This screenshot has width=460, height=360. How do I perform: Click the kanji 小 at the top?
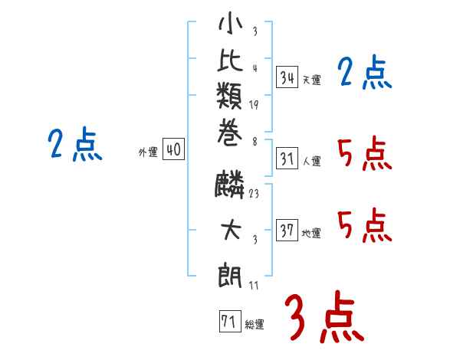231,25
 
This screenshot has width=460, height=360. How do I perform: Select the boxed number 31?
287,159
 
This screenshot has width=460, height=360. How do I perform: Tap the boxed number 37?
287,231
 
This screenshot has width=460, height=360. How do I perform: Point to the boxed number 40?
173,150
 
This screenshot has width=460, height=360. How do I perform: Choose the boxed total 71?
228,322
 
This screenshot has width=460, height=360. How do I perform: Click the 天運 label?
311,80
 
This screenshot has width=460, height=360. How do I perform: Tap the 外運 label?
148,152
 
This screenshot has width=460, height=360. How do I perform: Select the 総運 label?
255,325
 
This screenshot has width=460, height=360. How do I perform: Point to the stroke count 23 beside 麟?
254,194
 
